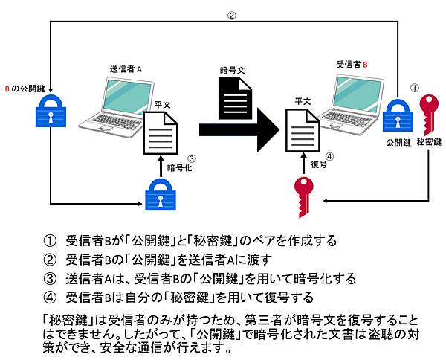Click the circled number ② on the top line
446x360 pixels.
pos(231,15)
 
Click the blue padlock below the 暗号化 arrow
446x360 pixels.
pos(159,196)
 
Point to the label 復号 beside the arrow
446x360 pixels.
pos(318,164)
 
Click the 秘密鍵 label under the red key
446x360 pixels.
pos(429,141)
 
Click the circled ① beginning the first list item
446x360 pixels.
pos(50,241)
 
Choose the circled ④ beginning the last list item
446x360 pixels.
pos(50,298)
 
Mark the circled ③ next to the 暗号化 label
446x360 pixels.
pos(191,158)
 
